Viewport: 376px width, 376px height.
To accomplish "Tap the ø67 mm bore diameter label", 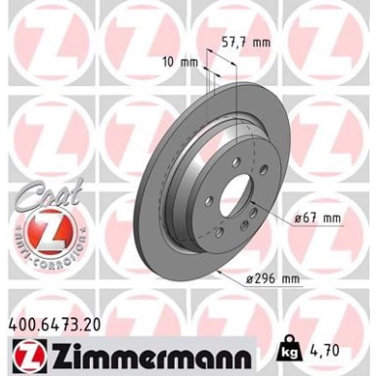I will (317, 217).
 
